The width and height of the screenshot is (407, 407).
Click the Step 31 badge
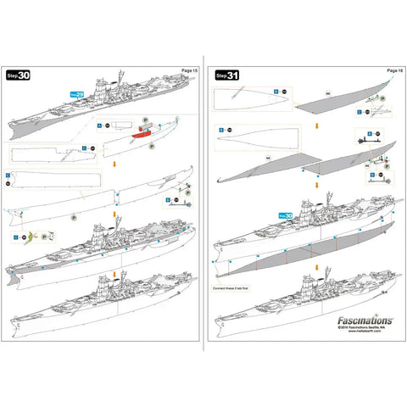click(x=227, y=75)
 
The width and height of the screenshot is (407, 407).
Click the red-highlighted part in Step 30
click(x=139, y=133)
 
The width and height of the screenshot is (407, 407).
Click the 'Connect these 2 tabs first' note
click(x=232, y=287)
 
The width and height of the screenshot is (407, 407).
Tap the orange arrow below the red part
click(x=114, y=166)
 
